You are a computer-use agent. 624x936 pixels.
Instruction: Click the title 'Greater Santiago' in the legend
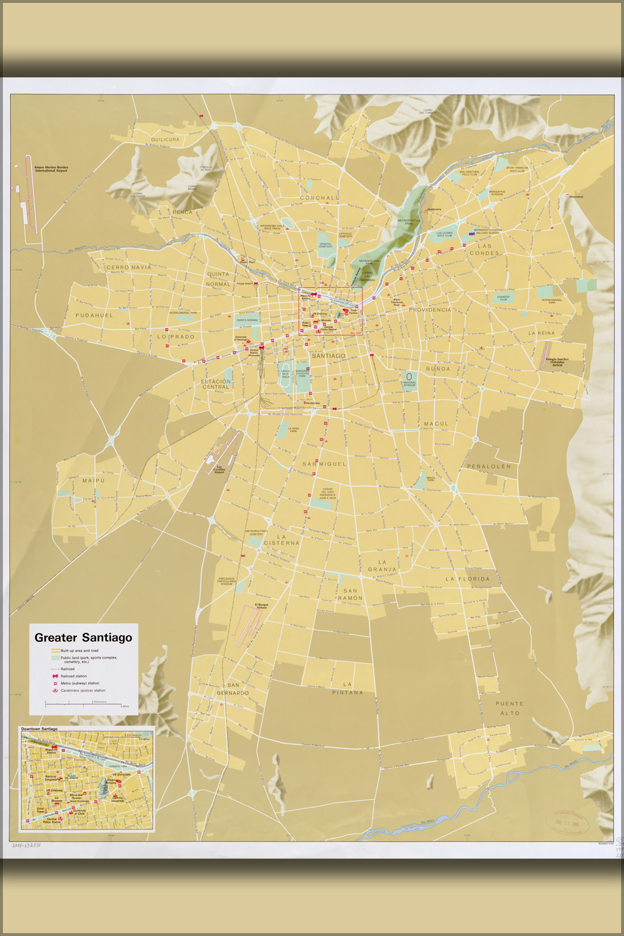point(83,637)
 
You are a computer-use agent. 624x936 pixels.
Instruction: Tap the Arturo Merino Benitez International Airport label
point(51,169)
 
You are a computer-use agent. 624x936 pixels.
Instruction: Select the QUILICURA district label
point(165,139)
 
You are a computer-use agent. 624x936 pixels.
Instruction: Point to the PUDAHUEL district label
point(94,315)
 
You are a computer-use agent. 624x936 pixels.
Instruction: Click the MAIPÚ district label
point(94,481)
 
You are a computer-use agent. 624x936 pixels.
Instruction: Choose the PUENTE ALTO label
point(510,708)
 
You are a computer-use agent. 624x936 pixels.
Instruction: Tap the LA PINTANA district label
point(347,688)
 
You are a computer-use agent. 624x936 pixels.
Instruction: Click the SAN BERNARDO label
point(233,689)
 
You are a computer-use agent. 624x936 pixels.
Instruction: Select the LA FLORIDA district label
point(467,579)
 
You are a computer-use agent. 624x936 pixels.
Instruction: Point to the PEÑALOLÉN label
point(489,466)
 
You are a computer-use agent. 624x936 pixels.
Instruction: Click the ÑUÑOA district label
point(438,368)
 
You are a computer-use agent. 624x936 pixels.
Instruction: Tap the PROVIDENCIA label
point(430,310)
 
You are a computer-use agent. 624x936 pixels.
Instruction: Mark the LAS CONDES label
point(484,250)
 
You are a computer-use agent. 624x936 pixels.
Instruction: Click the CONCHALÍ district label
point(319,198)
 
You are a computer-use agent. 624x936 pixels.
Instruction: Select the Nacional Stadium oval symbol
point(409,376)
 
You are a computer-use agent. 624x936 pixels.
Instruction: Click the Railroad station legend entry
point(73,676)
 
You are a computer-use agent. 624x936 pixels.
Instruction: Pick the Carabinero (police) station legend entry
point(82,690)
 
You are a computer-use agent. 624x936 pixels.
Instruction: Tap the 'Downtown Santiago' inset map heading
point(39,728)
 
